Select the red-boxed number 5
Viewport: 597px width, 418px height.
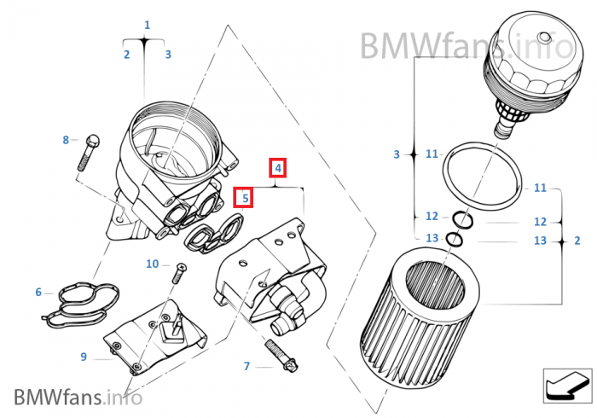pos(245,198)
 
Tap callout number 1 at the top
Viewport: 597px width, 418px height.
pos(147,26)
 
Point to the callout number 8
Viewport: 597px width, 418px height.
pos(65,139)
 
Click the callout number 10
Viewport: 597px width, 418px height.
pos(152,264)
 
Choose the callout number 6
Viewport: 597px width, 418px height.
pos(38,293)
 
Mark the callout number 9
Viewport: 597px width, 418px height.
pos(84,357)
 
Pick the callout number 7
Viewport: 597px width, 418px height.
pos(246,366)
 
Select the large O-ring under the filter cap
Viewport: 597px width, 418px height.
pos(481,176)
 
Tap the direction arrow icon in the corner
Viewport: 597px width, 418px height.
pos(566,383)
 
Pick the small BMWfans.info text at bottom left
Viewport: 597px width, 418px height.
pos(77,397)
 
